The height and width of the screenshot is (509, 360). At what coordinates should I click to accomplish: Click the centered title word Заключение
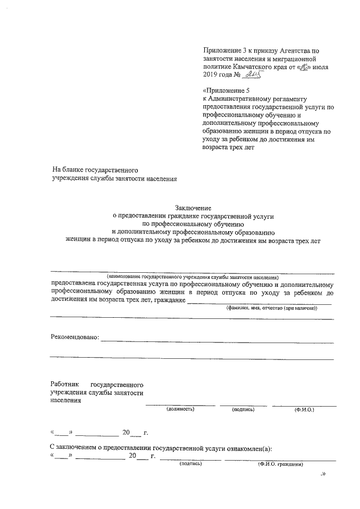point(195,209)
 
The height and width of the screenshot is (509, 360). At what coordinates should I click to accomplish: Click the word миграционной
point(297,58)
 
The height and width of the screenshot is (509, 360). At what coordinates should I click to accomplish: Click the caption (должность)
point(181,409)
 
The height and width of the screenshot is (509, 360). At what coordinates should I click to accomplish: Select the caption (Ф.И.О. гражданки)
point(280,464)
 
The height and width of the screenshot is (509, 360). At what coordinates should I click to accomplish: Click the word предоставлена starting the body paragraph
point(73,284)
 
